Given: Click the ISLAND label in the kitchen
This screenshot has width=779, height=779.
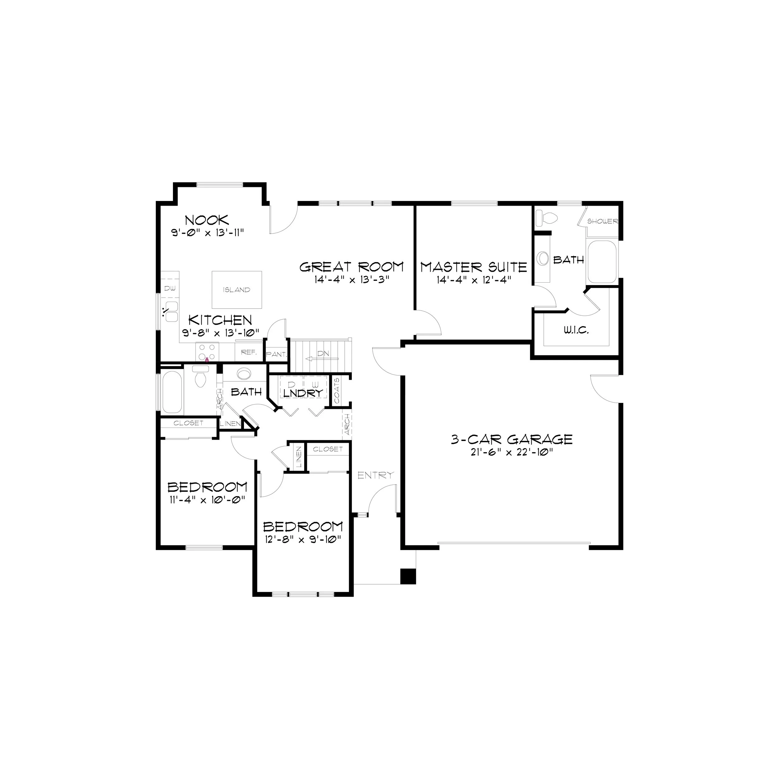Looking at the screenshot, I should pos(237,290).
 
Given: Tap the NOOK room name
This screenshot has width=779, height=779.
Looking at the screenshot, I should pos(207,220).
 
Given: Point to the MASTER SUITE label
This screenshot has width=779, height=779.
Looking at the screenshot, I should pos(474,267).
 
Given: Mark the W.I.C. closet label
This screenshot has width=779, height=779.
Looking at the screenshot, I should pos(576,331).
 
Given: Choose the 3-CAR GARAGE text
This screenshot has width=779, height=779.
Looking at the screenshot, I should pos(512,439).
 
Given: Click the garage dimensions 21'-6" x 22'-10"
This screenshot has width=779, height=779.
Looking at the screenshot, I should pos(512,452).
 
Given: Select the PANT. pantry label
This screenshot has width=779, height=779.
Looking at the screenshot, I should pos(276,354).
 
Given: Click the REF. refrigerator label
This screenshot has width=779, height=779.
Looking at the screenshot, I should pos(249,352).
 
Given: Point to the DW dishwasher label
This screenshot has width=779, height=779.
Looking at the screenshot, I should pos(170,288).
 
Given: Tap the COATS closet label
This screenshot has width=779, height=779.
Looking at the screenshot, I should pos(337,391).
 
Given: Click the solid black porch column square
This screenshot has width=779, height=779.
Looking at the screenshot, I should pos(408,576).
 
